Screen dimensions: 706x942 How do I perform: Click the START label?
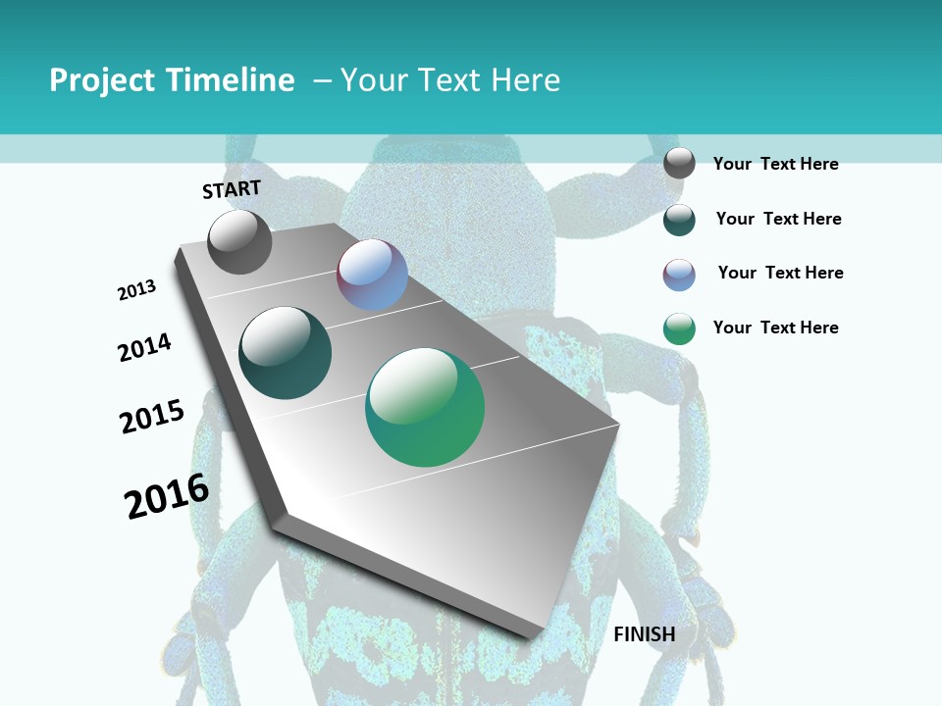point(232,188)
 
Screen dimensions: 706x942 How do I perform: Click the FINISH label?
point(644,634)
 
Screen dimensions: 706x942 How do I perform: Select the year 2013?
point(136,290)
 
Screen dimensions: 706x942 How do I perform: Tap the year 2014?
point(144,348)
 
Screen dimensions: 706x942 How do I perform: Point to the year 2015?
point(152,417)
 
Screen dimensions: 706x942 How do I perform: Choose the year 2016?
point(167,495)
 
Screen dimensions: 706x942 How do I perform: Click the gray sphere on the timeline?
point(239,241)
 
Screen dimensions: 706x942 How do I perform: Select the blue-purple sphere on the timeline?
point(372,275)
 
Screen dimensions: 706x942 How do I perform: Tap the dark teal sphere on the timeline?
point(285,353)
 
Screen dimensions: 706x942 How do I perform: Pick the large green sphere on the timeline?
point(425,407)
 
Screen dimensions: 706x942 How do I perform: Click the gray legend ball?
point(679,163)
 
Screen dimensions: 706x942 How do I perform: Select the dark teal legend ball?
point(679,220)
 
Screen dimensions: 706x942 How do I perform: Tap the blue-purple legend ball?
point(679,275)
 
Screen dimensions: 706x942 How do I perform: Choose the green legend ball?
point(679,328)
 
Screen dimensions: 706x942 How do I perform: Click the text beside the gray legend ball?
point(775,164)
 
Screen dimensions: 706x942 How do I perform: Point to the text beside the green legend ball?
point(775,328)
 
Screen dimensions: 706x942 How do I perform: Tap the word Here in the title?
point(525,80)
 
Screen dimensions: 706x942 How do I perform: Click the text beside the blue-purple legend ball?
point(780,273)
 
